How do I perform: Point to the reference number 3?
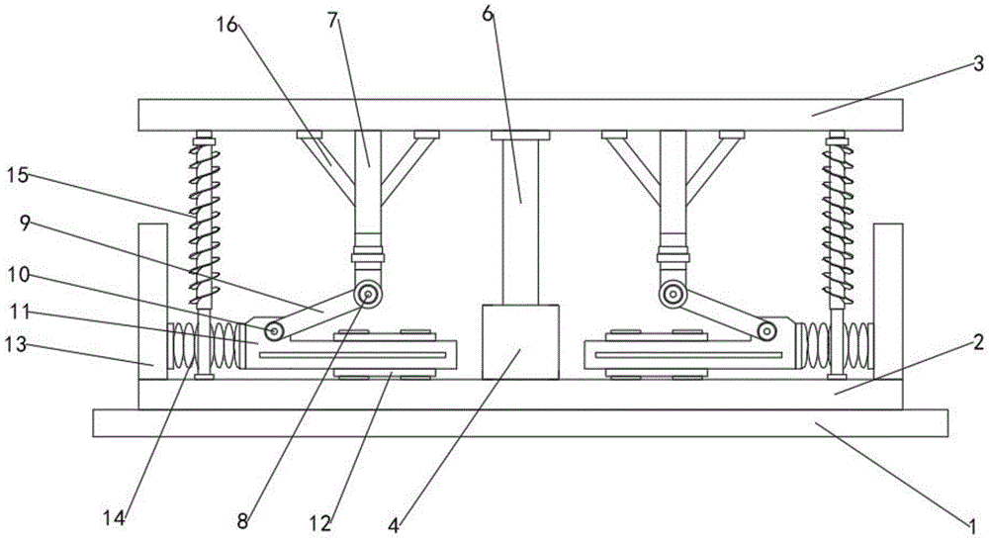click(x=976, y=64)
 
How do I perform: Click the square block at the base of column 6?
click(x=519, y=341)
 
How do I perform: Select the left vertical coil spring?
click(x=205, y=223)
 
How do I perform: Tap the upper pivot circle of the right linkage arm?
click(x=674, y=294)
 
